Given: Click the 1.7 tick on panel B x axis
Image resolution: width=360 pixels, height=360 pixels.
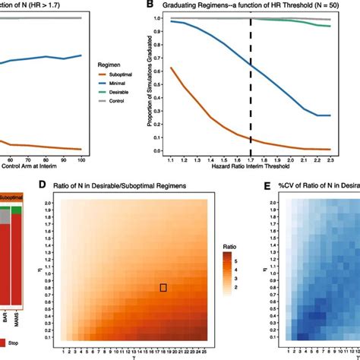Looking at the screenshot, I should (x=251, y=159).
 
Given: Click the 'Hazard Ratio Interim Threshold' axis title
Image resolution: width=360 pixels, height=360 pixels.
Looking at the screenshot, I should (x=251, y=166).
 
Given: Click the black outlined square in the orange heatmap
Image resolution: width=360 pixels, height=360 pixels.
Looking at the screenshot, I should (x=163, y=288).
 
